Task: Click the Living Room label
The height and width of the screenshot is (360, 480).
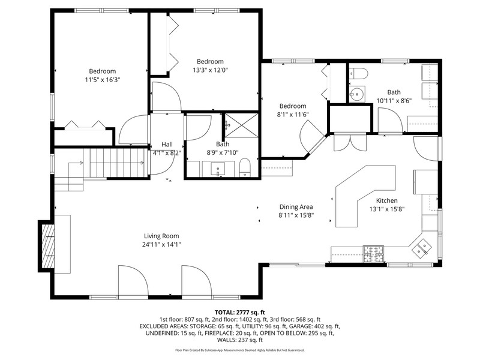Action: click(x=161, y=236)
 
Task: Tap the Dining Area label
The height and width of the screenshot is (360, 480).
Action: click(x=296, y=207)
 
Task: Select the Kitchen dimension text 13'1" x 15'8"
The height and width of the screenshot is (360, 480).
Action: click(x=387, y=209)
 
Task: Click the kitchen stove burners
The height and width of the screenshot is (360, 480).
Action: click(x=373, y=254)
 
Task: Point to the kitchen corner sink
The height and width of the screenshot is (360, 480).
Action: click(x=422, y=248)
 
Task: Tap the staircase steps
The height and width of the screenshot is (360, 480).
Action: click(x=114, y=163)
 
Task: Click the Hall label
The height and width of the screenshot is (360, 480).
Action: click(x=167, y=145)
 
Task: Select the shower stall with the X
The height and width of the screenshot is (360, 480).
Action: click(x=242, y=125)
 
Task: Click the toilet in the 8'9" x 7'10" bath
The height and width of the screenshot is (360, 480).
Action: click(x=245, y=167)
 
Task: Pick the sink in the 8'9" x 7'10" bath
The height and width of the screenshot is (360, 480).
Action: click(x=218, y=169)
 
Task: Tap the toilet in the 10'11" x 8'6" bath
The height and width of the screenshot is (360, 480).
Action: click(x=358, y=73)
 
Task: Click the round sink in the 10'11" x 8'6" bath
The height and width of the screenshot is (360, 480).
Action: click(x=357, y=94)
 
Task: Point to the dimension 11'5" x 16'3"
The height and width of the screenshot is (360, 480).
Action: click(x=103, y=80)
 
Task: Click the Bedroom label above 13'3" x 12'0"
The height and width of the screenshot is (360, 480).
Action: click(x=210, y=62)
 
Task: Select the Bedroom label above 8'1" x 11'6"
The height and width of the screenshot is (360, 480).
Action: click(x=293, y=106)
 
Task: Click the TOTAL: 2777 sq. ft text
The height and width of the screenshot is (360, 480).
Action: click(x=239, y=313)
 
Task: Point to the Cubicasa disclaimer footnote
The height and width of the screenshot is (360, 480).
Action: click(x=239, y=350)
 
